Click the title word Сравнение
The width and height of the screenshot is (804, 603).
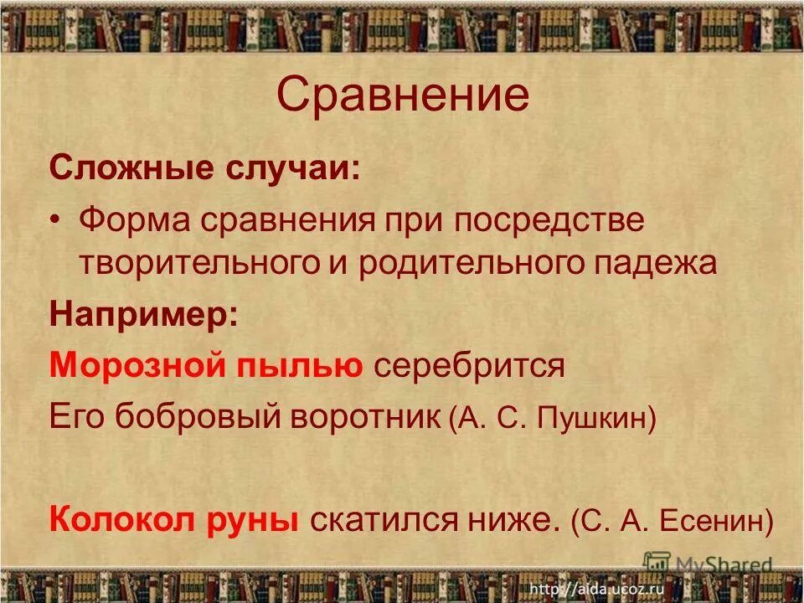(x=402, y=95)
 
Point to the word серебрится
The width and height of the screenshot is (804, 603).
(x=470, y=366)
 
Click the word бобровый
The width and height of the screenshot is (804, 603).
(x=200, y=416)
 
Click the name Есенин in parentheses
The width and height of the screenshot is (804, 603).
(x=714, y=521)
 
